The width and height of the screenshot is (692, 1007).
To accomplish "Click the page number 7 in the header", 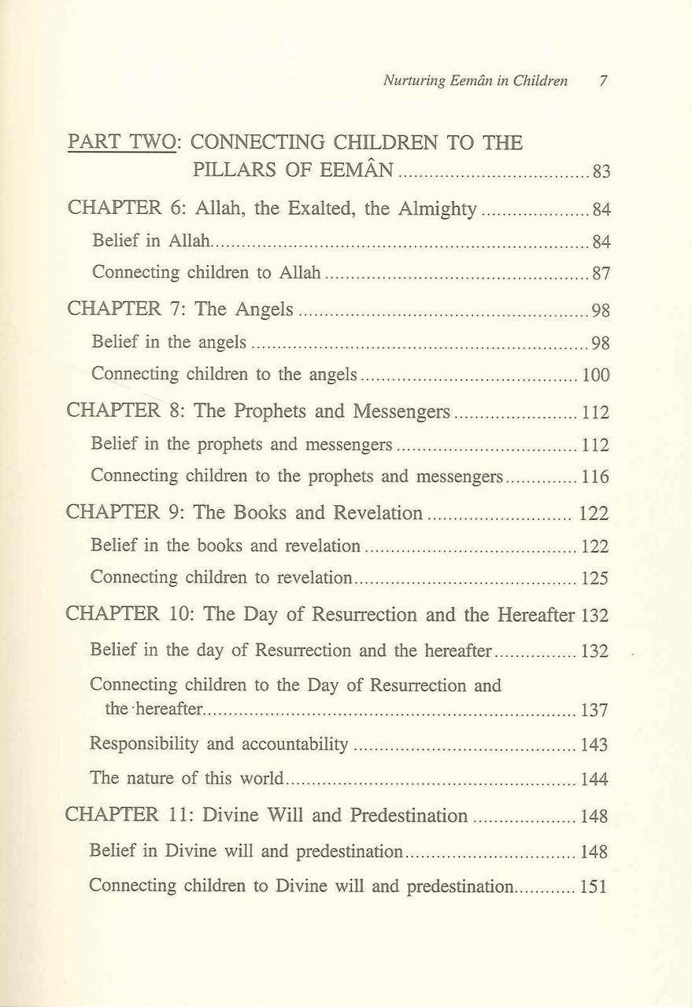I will [602, 81].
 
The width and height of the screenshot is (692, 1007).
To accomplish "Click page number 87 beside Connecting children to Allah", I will [602, 275].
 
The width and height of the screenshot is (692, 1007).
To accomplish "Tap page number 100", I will [596, 375].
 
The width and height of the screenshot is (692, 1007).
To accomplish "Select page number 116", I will [596, 477].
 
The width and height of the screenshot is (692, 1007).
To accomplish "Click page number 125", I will [595, 578].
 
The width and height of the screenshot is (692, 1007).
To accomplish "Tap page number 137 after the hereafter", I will [594, 711].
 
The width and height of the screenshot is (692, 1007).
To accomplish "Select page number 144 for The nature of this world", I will [594, 780].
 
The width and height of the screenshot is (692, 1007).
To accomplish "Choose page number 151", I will [594, 887].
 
